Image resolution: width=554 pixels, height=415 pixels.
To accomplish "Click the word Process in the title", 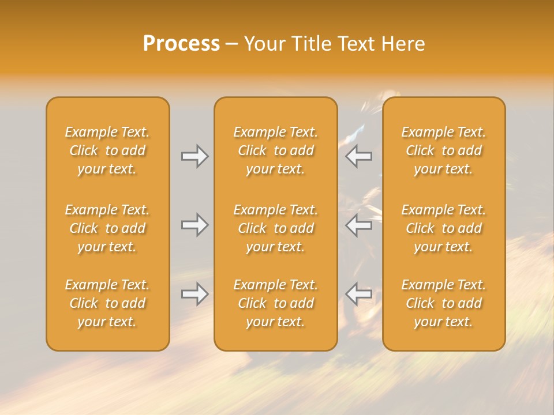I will tap(181, 44).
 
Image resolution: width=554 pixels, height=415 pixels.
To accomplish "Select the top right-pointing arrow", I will tap(194, 156).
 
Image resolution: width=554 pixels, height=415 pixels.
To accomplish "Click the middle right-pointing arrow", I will tap(194, 225).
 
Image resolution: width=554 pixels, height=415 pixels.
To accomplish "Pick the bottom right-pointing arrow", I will tap(194, 294).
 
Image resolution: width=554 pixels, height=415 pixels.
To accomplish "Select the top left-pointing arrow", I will tap(359, 156).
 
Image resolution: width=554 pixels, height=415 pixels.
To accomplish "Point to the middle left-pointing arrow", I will tap(359, 225).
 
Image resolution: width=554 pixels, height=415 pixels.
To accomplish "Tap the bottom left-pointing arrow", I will tap(359, 294).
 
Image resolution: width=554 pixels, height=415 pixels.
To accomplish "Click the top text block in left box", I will tap(107, 150).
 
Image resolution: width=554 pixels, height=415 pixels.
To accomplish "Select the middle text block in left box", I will tap(107, 228).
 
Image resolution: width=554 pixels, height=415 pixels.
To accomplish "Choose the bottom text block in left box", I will tap(107, 303).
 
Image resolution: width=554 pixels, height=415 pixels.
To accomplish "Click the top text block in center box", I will tap(275, 150).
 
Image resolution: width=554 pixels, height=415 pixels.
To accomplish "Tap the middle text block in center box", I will tap(275, 228).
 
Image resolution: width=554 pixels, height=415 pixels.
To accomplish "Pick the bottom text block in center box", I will tap(275, 303).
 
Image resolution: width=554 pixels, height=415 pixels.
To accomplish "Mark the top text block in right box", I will tap(444, 150).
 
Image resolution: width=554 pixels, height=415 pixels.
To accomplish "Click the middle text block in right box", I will tap(444, 228).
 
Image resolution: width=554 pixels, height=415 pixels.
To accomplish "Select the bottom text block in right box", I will tap(444, 303).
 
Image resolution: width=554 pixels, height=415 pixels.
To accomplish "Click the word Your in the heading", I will tap(263, 44).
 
